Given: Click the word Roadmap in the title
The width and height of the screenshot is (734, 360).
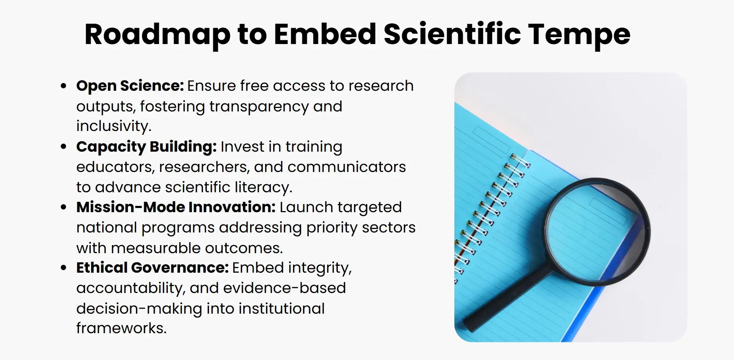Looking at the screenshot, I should [x=157, y=35].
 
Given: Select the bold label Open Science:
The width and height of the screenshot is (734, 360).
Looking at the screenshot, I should [x=130, y=86].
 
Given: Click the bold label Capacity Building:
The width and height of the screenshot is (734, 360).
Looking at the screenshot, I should [x=146, y=147].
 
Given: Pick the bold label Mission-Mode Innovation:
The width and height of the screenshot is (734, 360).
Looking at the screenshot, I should [x=176, y=207].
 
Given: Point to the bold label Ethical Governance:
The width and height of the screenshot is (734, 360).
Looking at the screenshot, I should [x=152, y=268].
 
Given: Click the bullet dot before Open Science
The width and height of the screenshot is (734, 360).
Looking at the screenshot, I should [x=64, y=86].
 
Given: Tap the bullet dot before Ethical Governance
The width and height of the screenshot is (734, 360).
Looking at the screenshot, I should [x=64, y=268].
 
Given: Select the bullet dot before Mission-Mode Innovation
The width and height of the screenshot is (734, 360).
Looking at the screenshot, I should [x=64, y=207].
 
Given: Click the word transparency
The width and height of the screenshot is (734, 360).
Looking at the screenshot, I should [x=259, y=106].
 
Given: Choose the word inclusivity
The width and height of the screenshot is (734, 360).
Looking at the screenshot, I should [x=114, y=126].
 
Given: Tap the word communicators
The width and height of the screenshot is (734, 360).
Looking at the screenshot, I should [x=346, y=167].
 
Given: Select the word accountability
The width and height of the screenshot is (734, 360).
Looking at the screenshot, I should [x=130, y=288].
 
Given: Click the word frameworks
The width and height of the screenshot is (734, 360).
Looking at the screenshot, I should [x=121, y=328].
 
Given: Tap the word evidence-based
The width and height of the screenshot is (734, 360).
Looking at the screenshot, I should [x=284, y=288].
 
